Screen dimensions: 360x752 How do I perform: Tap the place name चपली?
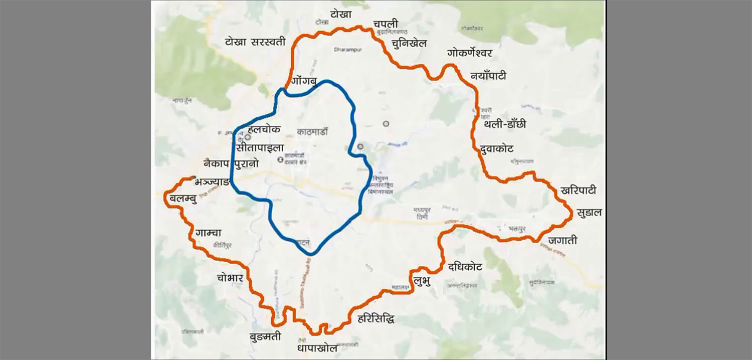tap(386, 24)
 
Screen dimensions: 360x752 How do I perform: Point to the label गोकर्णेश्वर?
tap(470, 54)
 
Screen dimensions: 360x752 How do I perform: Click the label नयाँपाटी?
tap(488, 76)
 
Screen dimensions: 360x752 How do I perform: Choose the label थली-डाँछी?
tap(505, 125)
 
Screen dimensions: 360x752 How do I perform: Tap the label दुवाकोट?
tap(496, 148)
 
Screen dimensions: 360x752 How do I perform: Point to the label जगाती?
tap(562, 241)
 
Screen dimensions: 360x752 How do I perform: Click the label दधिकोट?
tap(465, 267)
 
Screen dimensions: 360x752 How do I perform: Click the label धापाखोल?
tap(317, 347)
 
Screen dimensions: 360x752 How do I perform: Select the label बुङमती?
tap(265, 336)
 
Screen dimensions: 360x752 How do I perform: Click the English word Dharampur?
tap(347, 50)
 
